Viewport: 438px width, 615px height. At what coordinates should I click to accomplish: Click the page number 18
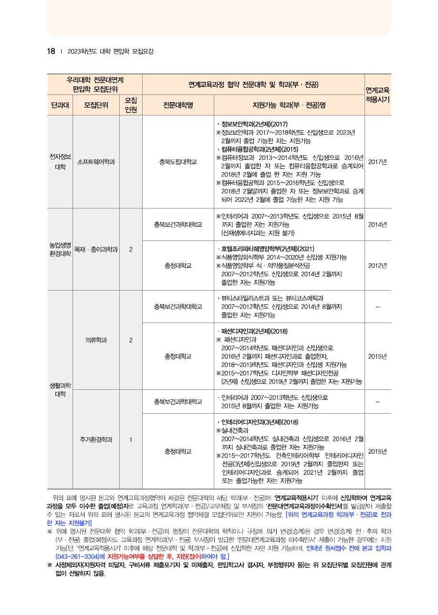pos(51,51)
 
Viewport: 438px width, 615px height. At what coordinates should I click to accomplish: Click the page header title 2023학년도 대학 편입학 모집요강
pos(111,51)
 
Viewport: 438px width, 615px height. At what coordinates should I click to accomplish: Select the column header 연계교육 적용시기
pos(377,94)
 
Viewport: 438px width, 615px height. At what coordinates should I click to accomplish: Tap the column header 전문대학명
pos(178,105)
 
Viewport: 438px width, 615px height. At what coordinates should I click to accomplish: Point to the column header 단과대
pos(60,105)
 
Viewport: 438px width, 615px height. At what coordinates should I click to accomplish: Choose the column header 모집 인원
pos(131,105)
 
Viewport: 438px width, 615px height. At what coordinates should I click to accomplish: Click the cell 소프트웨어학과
pos(96,162)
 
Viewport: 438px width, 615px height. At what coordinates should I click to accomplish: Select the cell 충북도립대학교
pos(178,162)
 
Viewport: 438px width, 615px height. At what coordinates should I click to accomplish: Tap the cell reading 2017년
pos(377,162)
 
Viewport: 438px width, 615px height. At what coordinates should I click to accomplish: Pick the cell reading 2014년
pos(377,224)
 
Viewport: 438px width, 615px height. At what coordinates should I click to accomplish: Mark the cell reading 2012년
pos(377,265)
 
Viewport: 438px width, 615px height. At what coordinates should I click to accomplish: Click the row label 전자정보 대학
pos(60,162)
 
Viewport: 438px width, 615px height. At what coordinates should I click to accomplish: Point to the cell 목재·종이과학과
pos(96,249)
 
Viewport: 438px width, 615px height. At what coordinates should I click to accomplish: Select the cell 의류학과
pos(96,340)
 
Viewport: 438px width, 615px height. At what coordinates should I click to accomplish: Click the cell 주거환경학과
pos(96,439)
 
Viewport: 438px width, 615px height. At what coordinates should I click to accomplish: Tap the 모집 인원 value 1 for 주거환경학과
pos(131,439)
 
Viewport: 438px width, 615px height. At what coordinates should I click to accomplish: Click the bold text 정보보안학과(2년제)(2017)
pos(253,124)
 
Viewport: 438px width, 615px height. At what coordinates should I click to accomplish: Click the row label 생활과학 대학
pos(60,390)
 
